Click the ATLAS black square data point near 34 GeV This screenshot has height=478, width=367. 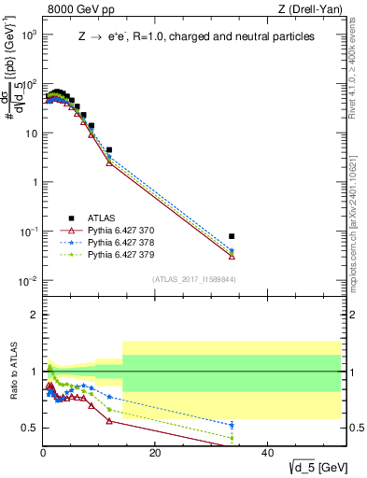click(232, 236)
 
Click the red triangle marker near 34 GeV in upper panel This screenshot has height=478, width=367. click(232, 255)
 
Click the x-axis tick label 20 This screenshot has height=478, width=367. click(155, 455)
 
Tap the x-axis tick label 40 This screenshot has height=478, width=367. click(267, 455)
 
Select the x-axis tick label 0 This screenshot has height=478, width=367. click(43, 455)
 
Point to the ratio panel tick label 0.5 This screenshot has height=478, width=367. click(31, 428)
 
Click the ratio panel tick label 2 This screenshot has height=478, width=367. click(35, 315)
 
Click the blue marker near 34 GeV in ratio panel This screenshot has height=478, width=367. click(232, 425)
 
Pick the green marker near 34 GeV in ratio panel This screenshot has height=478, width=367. click(232, 437)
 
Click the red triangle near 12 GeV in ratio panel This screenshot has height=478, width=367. click(109, 421)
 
